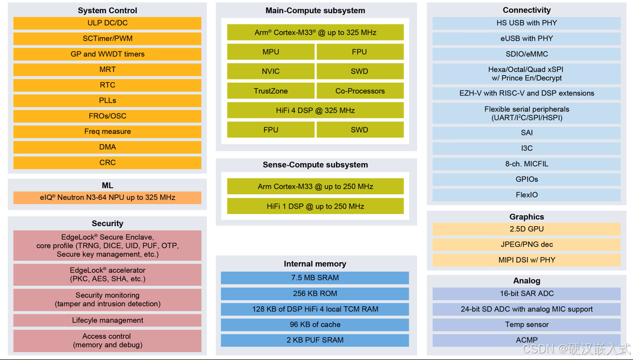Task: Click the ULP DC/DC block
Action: (108, 23)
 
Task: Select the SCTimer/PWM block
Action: (108, 38)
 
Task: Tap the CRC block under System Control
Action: (108, 162)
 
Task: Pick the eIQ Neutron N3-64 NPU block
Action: (108, 198)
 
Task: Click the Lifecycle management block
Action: (108, 320)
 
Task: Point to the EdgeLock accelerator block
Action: (108, 274)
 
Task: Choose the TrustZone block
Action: (271, 91)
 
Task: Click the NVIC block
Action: (271, 71)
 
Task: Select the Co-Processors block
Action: (360, 91)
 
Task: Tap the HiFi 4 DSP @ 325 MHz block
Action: (315, 110)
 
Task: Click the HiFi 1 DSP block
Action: (315, 206)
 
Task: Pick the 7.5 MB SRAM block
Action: (315, 278)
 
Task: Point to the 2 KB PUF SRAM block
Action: (315, 340)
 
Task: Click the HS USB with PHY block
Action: (526, 23)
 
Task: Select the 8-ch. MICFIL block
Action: (526, 164)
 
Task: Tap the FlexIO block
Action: (526, 195)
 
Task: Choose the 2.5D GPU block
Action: (526, 229)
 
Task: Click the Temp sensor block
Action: (526, 324)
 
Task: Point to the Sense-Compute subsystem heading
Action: (315, 165)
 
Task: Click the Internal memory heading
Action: (315, 264)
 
